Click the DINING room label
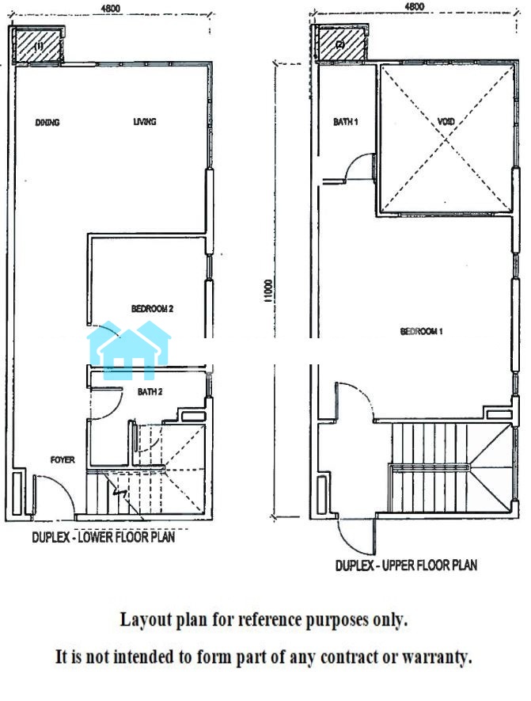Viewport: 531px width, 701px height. tap(47, 122)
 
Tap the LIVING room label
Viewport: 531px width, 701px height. tap(145, 122)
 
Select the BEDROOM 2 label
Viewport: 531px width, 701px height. tap(152, 308)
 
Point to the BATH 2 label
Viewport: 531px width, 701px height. tap(150, 391)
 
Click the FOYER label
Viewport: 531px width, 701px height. tap(63, 459)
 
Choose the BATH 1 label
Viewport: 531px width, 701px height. tap(346, 122)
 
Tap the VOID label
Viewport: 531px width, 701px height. tap(446, 122)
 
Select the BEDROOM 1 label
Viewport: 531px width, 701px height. tap(421, 331)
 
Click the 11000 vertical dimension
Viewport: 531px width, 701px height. tap(268, 291)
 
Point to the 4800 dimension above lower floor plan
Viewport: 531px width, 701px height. tap(110, 8)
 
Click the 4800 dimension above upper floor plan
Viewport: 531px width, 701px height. tap(414, 6)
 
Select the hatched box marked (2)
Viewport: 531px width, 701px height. tap(342, 44)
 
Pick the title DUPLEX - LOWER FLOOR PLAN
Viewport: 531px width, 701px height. tap(103, 537)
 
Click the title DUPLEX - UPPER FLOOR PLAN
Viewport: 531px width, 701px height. tap(407, 566)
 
